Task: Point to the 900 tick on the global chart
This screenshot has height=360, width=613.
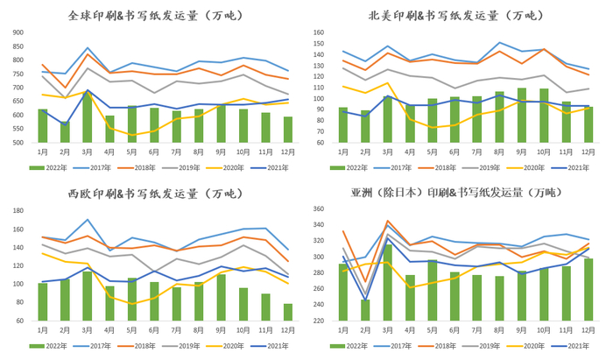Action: pyautogui.click(x=18, y=32)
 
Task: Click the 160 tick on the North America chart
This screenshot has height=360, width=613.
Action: pyautogui.click(x=318, y=32)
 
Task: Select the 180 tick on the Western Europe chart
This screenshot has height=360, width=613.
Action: pyautogui.click(x=18, y=210)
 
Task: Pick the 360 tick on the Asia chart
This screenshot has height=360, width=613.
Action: pyautogui.click(x=318, y=210)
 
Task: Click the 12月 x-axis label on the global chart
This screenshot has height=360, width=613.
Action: pyautogui.click(x=288, y=151)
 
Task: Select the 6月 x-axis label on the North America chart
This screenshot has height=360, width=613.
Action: pyautogui.click(x=454, y=151)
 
